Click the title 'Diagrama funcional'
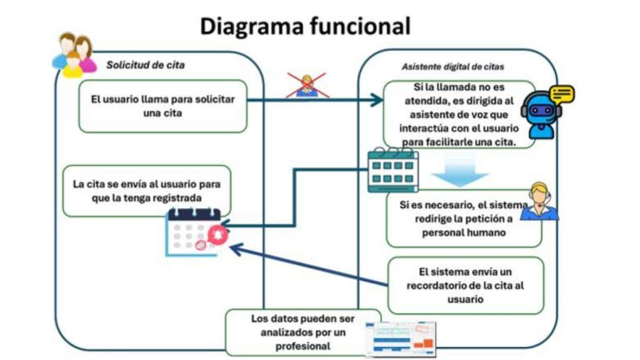tap(305, 26)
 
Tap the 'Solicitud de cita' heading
tap(146, 64)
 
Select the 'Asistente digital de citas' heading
tap(452, 66)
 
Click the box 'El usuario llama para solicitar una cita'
tap(162, 106)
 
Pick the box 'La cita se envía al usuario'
tap(147, 191)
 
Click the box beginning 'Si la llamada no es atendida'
tap(459, 114)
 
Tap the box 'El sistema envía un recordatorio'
tap(466, 285)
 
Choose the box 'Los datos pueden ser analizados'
tap(302, 332)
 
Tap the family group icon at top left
tap(74, 54)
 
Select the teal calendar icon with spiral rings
tap(392, 169)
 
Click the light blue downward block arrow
tap(460, 171)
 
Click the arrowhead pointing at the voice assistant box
tap(377, 99)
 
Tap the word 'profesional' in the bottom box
tap(303, 346)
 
